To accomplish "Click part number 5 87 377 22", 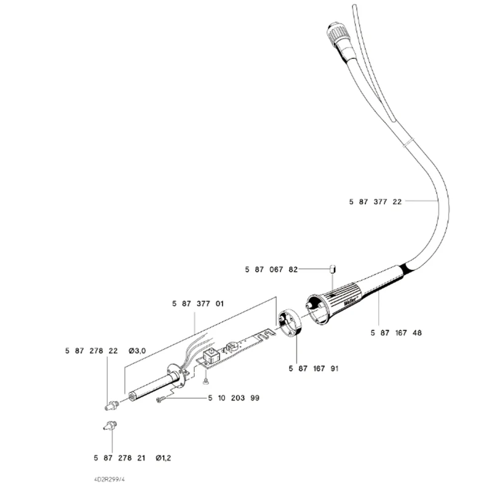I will (x=375, y=201).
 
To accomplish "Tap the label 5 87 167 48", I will (x=397, y=333).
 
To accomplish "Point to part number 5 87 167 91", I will (x=313, y=368).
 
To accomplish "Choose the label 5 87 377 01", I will (x=198, y=303).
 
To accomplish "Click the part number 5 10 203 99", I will (x=234, y=398).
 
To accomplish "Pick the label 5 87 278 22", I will (x=90, y=351).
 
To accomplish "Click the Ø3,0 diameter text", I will (x=138, y=351).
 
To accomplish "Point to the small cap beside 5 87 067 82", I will (x=333, y=269).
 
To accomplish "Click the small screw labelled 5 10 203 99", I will (x=162, y=400).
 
